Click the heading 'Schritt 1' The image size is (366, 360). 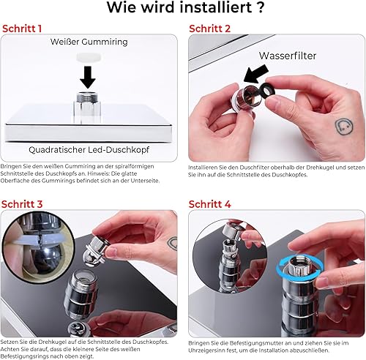pos(22,29)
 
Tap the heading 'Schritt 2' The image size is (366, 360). pos(209,29)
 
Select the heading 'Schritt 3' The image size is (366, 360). pos(22,204)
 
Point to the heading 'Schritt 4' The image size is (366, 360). pos(209,204)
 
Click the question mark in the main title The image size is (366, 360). pos(261,7)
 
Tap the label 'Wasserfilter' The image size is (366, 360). pos(288,56)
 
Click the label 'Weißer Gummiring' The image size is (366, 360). pos(89,42)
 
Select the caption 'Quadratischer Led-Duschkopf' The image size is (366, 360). pos(89,149)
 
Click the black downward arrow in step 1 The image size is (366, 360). pos(88,77)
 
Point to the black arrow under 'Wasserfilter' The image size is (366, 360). pos(255,74)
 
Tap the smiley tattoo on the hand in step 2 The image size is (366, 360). pos(344,127)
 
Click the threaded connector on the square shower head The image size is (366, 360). pos(87,97)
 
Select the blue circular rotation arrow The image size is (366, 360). pos(299,266)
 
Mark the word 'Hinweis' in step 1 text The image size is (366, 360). pos(97,173)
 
